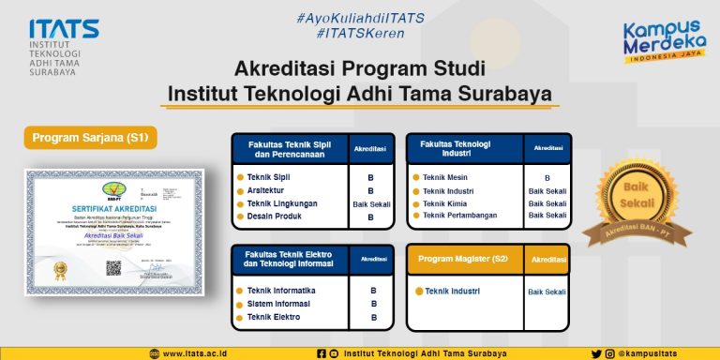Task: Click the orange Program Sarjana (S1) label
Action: pos(90,138)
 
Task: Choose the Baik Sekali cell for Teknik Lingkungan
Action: pos(372,203)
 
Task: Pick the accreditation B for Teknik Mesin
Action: pos(547,177)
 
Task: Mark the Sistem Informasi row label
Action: pos(278,304)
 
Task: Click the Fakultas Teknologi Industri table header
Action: pos(456,148)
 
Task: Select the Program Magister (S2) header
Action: pos(462,258)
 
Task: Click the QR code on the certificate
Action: pos(114,266)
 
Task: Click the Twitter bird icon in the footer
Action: pos(596,353)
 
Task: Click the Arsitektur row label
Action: pos(267,190)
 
